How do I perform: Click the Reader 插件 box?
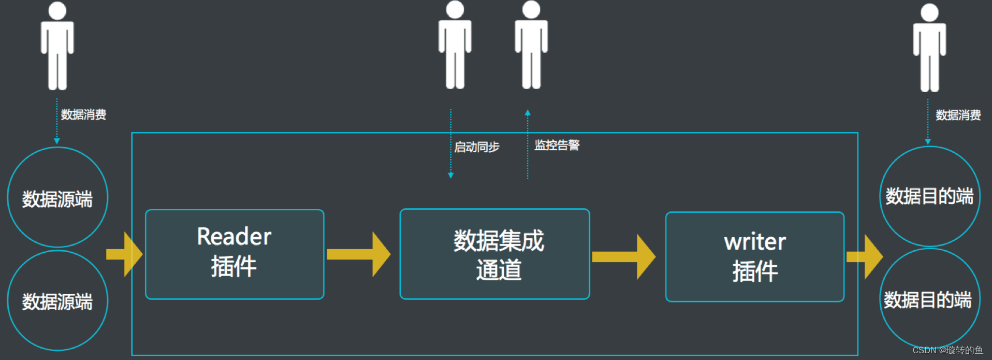(x=235, y=254)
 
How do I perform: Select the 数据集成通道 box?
(x=494, y=254)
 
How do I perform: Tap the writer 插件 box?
(x=754, y=256)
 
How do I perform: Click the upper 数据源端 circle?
(x=57, y=197)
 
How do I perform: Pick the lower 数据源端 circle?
(x=57, y=300)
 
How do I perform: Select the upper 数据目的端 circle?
(x=929, y=196)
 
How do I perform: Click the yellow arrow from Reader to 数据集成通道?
(x=359, y=254)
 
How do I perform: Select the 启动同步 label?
(x=477, y=147)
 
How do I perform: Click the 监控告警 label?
(x=557, y=145)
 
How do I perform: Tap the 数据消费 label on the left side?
(x=83, y=114)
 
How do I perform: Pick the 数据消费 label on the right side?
(x=958, y=115)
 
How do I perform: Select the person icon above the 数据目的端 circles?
(x=929, y=48)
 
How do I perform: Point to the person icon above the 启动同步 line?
(x=455, y=46)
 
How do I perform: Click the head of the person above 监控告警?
(x=531, y=9)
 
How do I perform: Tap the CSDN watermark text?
(x=947, y=350)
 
